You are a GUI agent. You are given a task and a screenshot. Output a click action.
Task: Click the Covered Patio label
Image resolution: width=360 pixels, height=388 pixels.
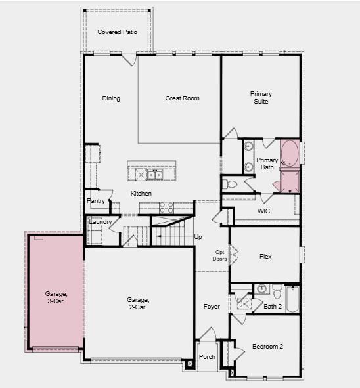coord(117,32)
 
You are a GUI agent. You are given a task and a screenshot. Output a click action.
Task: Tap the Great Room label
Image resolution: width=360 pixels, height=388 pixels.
coord(182,98)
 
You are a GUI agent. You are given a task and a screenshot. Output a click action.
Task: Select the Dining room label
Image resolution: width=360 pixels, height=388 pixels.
coord(111,98)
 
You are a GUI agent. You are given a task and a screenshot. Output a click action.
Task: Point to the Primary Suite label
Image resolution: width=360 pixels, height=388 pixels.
coord(261,98)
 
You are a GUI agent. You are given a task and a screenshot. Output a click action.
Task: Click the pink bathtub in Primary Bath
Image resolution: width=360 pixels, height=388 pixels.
coord(289,154)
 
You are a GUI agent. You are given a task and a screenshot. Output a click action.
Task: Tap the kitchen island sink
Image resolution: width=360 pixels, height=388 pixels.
coord(154,174)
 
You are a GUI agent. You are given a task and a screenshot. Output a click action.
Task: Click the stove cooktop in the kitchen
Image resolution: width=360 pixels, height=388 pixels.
coord(166,207)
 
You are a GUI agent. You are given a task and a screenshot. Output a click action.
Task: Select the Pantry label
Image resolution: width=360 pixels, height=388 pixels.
coord(96,201)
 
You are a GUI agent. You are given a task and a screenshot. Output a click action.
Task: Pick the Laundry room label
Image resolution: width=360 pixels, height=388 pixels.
coord(100,222)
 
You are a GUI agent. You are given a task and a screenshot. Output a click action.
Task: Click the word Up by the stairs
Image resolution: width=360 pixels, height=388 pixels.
coord(198,236)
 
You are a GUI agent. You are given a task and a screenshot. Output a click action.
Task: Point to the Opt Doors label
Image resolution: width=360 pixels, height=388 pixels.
coord(220,255)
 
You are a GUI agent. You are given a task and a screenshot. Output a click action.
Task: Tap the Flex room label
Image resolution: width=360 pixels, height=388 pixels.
coord(265,257)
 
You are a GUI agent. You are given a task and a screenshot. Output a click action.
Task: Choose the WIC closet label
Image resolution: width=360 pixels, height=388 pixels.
coord(264,211)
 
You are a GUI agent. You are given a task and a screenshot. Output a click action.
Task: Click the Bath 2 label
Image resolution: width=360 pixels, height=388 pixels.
coord(273,306)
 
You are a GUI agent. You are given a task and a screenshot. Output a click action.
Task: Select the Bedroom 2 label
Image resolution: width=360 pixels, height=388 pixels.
coord(267,347)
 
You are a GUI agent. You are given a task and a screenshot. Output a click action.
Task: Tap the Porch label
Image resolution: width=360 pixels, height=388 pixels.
coord(207,357)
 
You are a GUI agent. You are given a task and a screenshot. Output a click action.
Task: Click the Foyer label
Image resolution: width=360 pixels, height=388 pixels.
coord(212,307)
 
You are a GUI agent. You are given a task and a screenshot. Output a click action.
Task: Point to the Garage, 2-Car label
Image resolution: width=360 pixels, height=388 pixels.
coord(138,303)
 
